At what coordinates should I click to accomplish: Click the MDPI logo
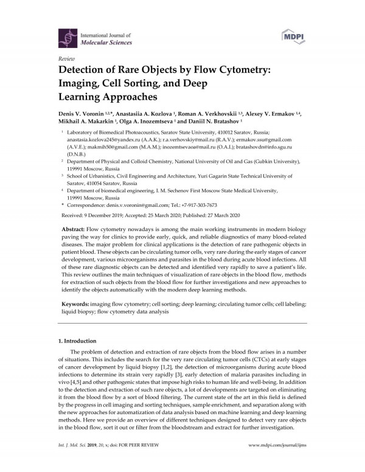tap(294, 36)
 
